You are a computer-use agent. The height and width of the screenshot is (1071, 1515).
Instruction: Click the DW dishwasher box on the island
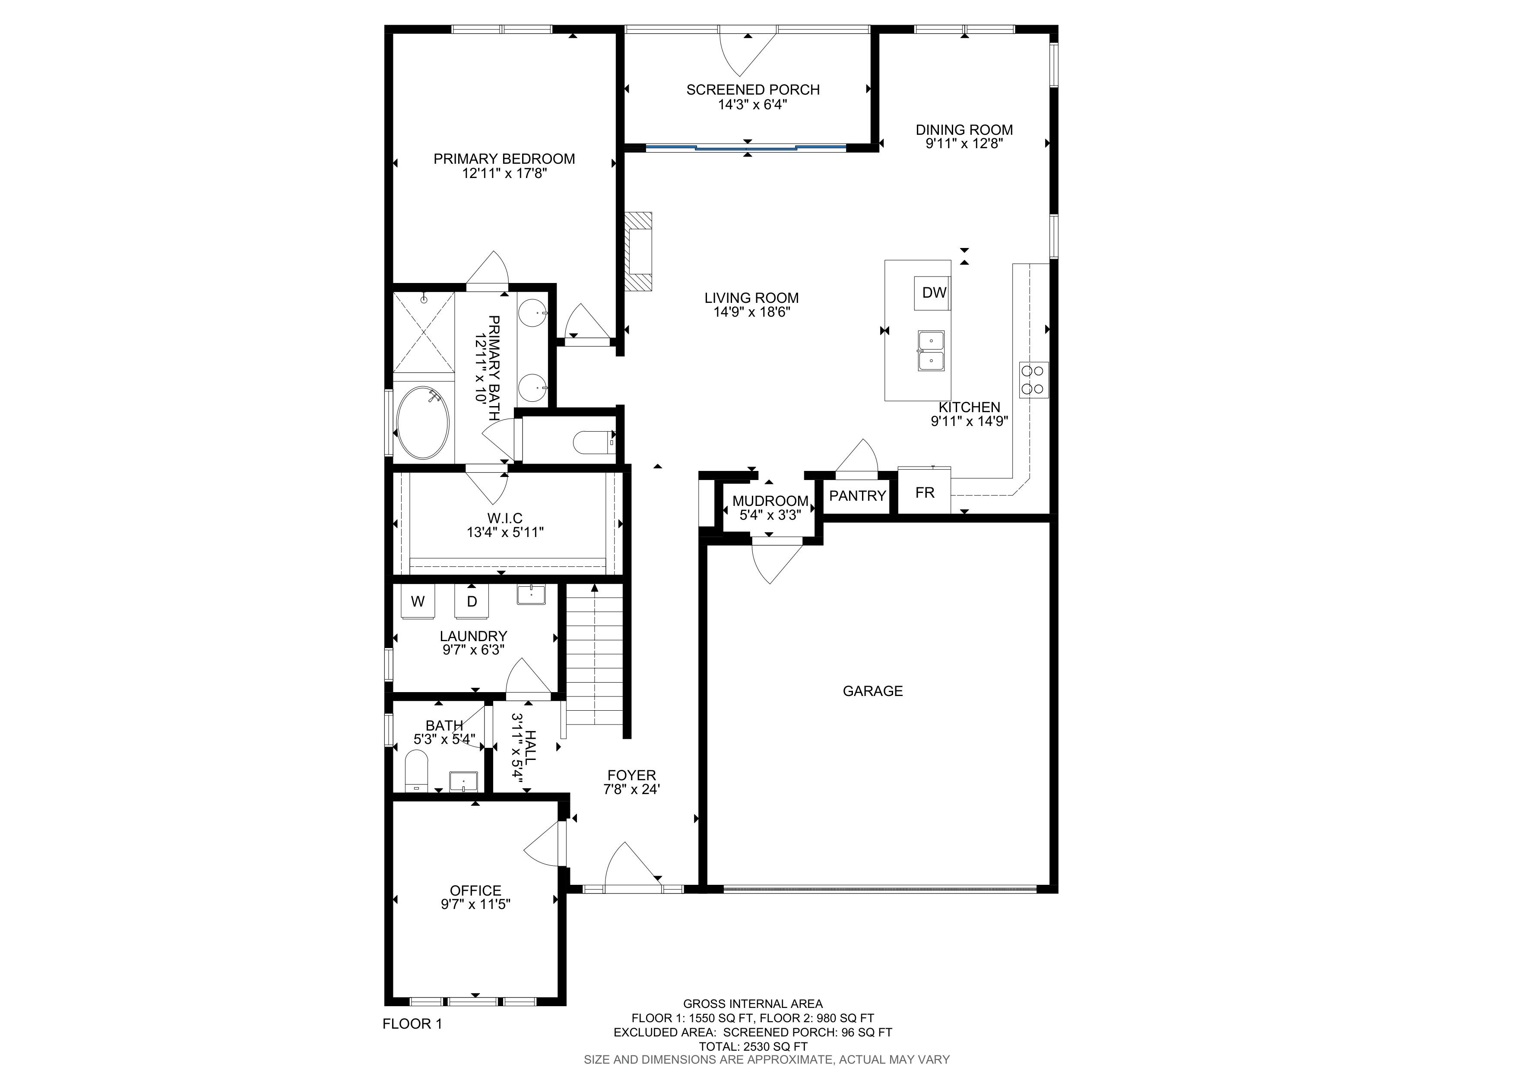[x=932, y=293]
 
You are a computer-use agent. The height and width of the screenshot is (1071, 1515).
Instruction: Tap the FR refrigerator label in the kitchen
[x=925, y=492]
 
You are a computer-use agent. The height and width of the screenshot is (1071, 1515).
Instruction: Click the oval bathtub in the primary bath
[x=424, y=423]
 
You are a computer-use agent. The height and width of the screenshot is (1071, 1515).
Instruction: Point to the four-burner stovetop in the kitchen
[x=1034, y=379]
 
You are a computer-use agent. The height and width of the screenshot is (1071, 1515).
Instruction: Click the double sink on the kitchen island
[x=930, y=351]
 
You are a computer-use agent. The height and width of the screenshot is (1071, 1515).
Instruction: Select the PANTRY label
[x=857, y=496]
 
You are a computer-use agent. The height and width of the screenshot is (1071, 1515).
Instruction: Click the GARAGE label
[x=872, y=691]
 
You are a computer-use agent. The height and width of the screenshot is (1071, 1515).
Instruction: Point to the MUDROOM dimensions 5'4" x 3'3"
[x=770, y=515]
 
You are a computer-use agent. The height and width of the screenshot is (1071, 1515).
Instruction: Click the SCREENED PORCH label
[x=753, y=90]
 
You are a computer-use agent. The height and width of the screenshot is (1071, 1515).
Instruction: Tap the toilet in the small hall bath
[x=416, y=771]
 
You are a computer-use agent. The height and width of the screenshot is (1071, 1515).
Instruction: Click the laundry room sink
[x=531, y=594]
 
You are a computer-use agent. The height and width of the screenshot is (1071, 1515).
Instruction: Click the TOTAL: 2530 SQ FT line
[x=753, y=1046]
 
